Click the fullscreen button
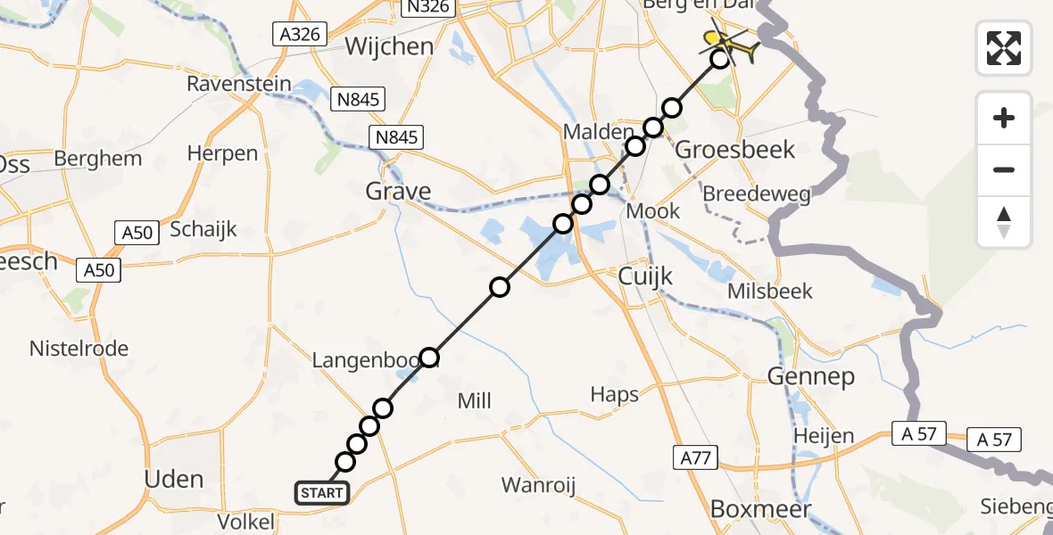click(1004, 48)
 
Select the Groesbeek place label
click(734, 149)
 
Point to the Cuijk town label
click(645, 277)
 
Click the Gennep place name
click(810, 377)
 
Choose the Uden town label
click(173, 480)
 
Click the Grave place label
click(398, 191)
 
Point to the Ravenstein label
click(239, 85)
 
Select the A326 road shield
click(300, 35)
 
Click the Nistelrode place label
click(79, 349)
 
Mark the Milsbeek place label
click(770, 292)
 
